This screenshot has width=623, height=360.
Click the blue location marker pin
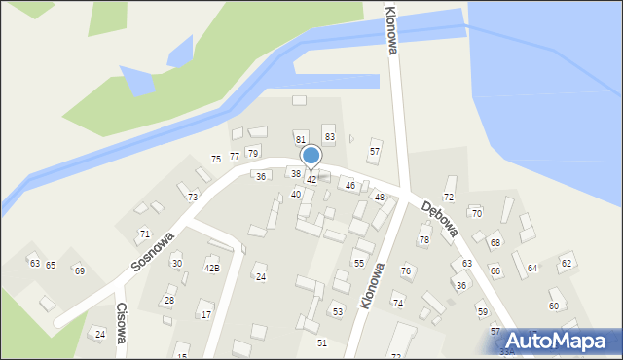point(311,156)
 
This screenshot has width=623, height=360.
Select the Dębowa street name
point(441,219)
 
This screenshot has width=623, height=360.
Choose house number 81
point(301,140)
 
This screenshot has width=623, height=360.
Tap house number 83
point(330,137)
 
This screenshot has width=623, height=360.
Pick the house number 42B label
point(211,268)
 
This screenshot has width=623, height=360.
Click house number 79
point(253,153)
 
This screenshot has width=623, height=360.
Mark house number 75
point(216,159)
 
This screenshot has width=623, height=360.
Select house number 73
point(193,198)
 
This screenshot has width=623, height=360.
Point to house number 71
point(144,234)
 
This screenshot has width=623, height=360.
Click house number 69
point(80,270)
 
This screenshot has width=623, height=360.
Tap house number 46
point(350,185)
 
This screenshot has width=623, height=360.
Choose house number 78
point(424,239)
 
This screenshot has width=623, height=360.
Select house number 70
point(477,213)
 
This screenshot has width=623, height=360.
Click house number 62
point(567,264)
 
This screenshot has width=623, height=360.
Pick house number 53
point(337,311)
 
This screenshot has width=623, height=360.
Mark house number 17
point(206,314)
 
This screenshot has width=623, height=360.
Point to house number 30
point(176,264)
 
